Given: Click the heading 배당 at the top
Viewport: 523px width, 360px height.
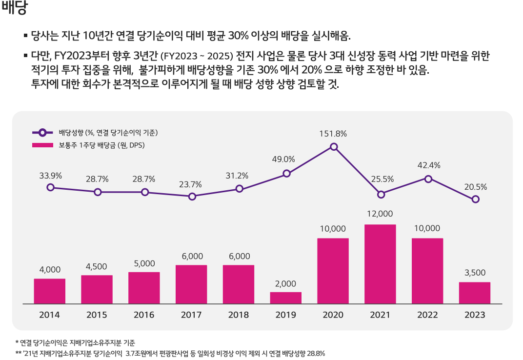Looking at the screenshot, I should coord(14,8).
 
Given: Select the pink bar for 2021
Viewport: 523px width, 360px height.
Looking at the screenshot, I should coord(380,264).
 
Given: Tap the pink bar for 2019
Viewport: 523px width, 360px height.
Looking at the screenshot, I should coord(285,298).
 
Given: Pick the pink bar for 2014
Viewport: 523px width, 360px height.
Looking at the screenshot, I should coord(49,291).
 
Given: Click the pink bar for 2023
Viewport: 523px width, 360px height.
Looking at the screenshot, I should coord(474,293).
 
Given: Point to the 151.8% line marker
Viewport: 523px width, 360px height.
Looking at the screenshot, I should coord(334,147).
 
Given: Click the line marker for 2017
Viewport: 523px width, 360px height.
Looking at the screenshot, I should coord(192,197).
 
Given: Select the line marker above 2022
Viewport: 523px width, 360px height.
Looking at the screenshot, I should coord(428,179).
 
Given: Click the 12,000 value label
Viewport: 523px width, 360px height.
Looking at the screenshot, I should coord(380,214).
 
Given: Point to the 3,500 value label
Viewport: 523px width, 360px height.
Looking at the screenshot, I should coord(475,273).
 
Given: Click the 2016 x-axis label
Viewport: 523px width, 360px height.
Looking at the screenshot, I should coord(144,315).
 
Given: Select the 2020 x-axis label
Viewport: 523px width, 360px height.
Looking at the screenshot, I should coord(333,315).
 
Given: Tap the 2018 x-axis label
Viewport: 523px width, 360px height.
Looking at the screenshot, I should coord(238,315).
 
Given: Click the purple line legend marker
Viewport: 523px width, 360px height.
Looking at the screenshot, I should coord(42,133).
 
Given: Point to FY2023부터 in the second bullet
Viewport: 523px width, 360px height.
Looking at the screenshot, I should coord(72,55).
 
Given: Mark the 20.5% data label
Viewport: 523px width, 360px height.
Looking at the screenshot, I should coord(475,187).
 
